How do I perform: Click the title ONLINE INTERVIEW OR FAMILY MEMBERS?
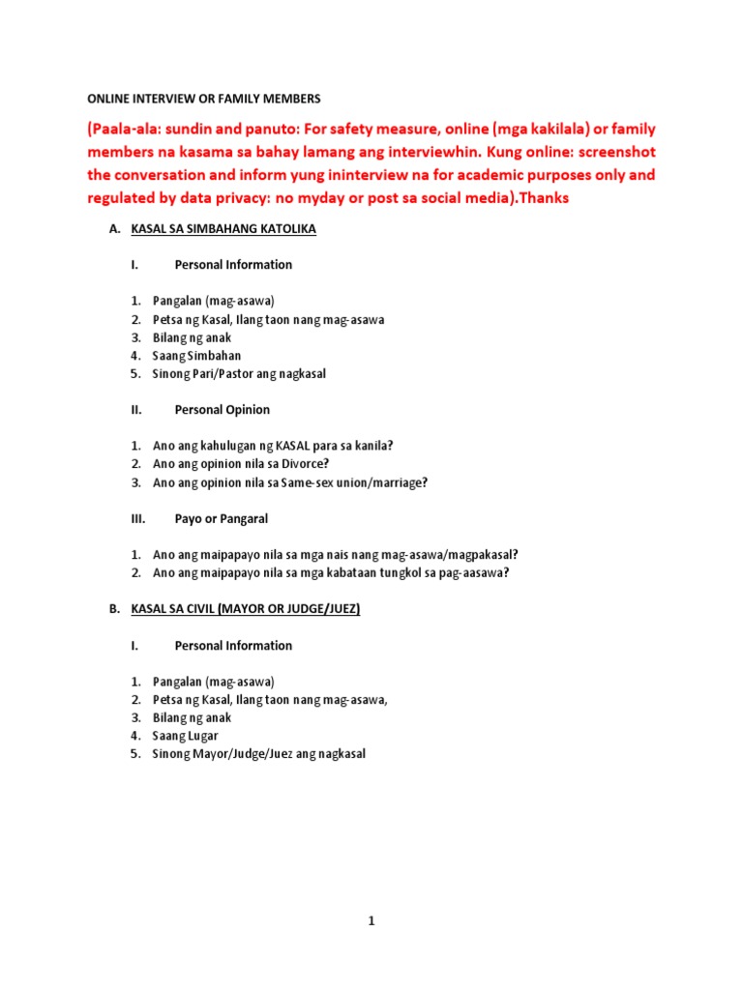pos(203,99)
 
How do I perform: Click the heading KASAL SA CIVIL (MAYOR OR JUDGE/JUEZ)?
pos(245,610)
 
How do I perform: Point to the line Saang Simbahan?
pos(196,356)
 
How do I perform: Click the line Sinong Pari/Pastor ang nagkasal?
pos(239,373)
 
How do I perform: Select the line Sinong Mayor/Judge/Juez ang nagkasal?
pos(258,754)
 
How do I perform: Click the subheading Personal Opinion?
pos(222,410)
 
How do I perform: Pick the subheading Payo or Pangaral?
pos(221,518)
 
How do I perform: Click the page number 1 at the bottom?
pos(371,894)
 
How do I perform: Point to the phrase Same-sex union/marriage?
pos(368,482)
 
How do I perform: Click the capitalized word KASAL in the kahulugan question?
pos(292,446)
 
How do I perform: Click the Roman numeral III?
pos(136,518)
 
